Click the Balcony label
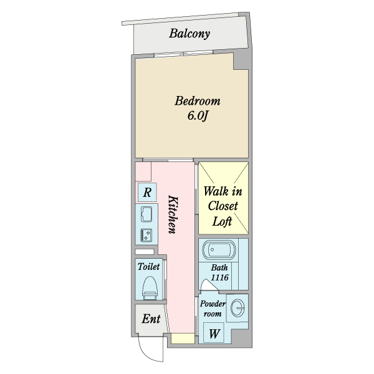point(189,34)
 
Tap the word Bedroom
point(198,101)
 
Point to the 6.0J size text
point(198,116)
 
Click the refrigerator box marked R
point(147,193)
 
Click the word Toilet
point(149,266)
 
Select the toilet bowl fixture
point(149,287)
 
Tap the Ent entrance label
point(151,319)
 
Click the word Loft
point(223,221)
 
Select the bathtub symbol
point(218,251)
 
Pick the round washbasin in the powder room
point(237,308)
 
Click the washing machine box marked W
point(213,333)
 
